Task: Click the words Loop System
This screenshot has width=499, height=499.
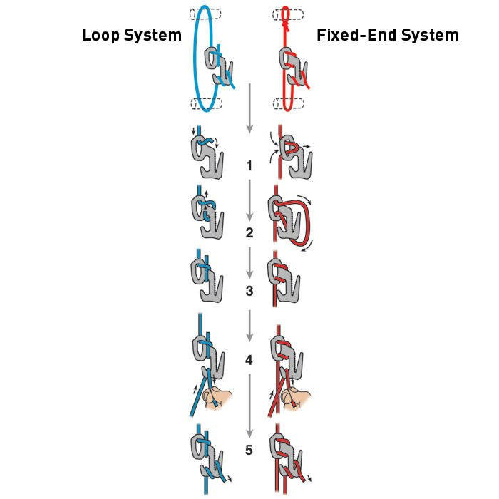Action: pyautogui.click(x=131, y=35)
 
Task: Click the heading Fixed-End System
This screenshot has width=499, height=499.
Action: pyautogui.click(x=386, y=35)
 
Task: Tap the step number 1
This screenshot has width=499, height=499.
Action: pyautogui.click(x=249, y=166)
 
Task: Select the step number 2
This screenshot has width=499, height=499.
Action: pyautogui.click(x=249, y=232)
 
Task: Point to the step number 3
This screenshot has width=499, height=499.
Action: pyautogui.click(x=249, y=291)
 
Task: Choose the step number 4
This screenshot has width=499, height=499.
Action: pyautogui.click(x=249, y=360)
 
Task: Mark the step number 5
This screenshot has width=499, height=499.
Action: pyautogui.click(x=249, y=450)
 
